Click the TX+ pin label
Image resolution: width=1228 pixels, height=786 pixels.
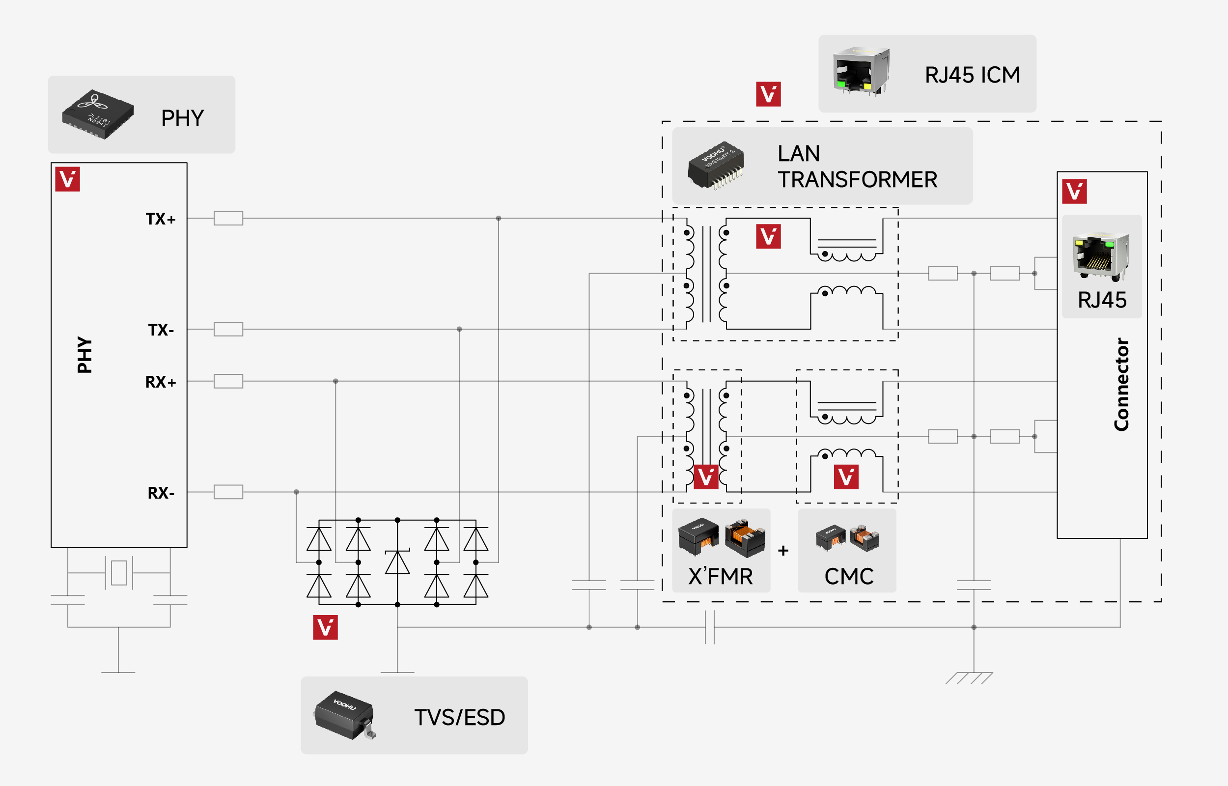[160, 219]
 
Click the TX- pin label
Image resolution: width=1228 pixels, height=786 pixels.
[161, 330]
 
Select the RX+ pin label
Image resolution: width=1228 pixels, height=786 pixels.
[160, 382]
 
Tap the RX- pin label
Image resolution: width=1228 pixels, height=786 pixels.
[161, 493]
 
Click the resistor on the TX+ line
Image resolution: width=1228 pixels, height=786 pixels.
[228, 219]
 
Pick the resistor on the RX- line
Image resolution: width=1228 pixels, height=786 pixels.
[228, 492]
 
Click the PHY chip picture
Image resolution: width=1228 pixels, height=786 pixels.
[98, 114]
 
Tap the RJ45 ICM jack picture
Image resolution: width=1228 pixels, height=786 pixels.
[861, 71]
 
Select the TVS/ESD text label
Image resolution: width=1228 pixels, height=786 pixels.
[459, 718]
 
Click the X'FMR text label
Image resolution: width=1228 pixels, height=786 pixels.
[721, 577]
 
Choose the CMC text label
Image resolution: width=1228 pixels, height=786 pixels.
[849, 577]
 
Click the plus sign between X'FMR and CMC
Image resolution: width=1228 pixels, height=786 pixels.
[783, 551]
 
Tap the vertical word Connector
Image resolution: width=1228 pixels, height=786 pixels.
[1121, 384]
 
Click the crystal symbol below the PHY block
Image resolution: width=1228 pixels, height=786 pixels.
[119, 573]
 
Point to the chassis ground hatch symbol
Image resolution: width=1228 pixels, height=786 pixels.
[969, 678]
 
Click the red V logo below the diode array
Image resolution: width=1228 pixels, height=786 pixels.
[325, 627]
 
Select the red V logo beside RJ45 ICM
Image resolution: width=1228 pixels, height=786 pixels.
[768, 94]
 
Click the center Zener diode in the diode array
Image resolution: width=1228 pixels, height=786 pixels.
[397, 562]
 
